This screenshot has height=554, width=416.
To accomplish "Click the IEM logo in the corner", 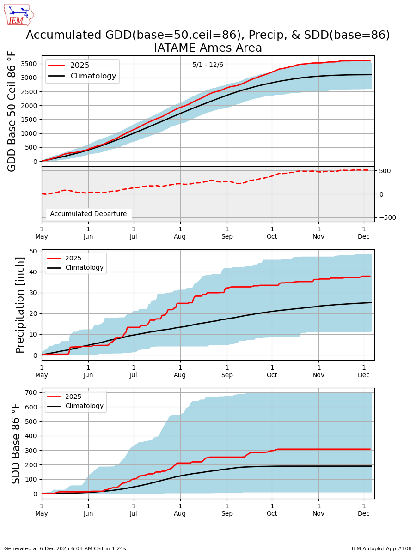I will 18,15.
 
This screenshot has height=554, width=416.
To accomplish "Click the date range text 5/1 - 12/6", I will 208,65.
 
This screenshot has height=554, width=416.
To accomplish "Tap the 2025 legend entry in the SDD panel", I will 73,397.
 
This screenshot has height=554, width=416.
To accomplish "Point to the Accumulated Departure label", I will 88,214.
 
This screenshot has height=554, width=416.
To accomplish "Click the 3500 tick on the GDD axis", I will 29,64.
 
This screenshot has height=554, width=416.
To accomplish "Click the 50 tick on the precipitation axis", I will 33,251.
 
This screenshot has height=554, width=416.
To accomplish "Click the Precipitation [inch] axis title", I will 20,305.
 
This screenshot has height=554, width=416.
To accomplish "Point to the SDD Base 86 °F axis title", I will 17,443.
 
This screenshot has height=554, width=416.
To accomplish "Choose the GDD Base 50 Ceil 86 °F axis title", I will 12,111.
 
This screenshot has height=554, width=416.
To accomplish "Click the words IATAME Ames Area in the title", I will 208,48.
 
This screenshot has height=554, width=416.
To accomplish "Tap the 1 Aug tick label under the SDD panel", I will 180,509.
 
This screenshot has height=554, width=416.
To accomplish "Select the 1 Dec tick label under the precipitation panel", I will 363,371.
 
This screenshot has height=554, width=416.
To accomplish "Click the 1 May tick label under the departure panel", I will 42,232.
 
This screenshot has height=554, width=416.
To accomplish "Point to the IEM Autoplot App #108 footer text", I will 381,548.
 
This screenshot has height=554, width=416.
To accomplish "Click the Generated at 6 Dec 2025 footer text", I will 65,548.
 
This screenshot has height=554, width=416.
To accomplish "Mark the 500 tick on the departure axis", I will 385,171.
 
